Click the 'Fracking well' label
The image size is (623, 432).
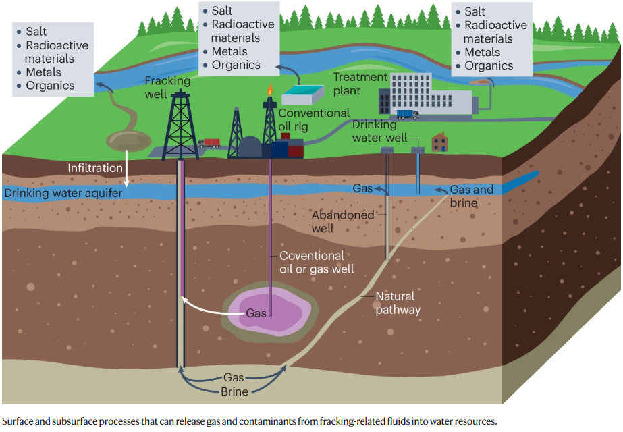click(x=167, y=87)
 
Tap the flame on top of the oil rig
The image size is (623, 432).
click(x=270, y=89)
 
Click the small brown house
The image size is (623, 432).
click(x=439, y=141)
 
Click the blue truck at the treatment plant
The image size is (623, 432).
click(x=408, y=114)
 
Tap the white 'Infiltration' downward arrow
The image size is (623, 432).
click(x=126, y=178)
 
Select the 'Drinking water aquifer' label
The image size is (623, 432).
click(x=63, y=194)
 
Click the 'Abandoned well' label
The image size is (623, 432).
click(x=342, y=221)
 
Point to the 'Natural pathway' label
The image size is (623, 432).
click(x=398, y=303)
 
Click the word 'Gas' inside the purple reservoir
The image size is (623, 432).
click(x=256, y=313)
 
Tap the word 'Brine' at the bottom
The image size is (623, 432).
click(x=234, y=392)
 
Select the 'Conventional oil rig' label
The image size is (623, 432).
click(x=314, y=119)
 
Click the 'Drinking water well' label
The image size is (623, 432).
click(x=379, y=131)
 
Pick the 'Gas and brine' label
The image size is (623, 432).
click(x=471, y=196)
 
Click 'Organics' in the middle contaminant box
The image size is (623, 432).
click(x=236, y=65)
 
